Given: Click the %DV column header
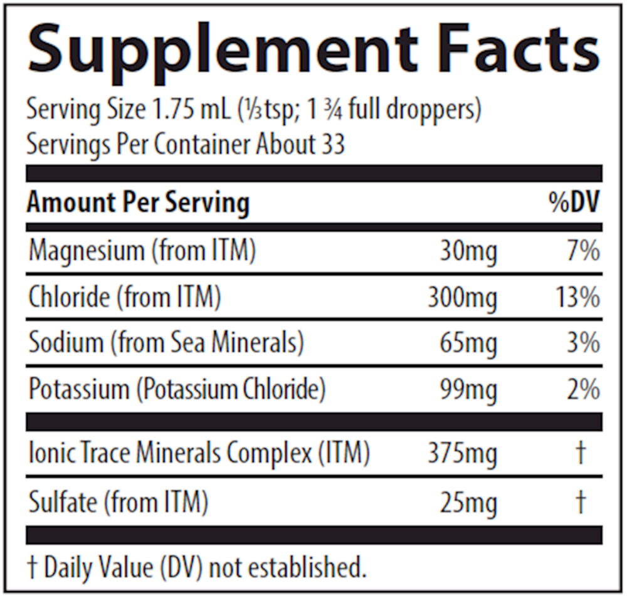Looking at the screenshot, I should coord(574,203).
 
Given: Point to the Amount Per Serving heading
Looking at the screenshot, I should coord(138,203).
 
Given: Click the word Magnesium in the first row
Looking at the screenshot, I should coord(87,252).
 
